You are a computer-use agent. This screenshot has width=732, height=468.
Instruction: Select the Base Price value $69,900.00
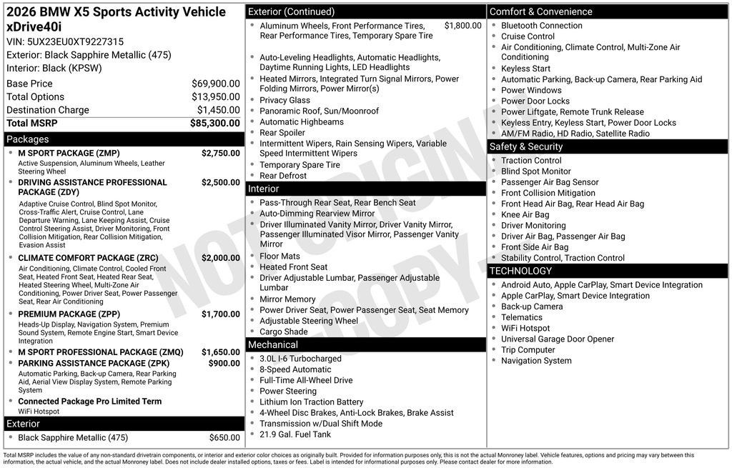pyautogui.click(x=215, y=84)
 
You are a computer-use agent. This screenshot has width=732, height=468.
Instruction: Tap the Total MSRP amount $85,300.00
pyautogui.click(x=214, y=123)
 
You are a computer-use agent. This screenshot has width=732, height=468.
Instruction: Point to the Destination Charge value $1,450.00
pyautogui.click(x=218, y=110)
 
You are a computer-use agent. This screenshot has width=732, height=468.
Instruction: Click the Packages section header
pyautogui.click(x=28, y=139)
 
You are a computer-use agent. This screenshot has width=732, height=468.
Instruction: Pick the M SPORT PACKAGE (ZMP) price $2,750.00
pyautogui.click(x=220, y=153)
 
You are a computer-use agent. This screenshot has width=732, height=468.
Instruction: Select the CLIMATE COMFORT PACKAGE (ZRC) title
pyautogui.click(x=79, y=258)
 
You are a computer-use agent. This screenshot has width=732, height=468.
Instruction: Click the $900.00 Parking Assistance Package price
pyautogui.click(x=224, y=363)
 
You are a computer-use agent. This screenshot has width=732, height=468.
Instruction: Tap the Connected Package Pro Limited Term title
pyautogui.click(x=89, y=401)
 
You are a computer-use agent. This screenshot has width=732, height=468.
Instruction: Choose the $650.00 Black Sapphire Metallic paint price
pyautogui.click(x=224, y=437)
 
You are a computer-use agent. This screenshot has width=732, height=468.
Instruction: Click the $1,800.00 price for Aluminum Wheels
pyautogui.click(x=463, y=26)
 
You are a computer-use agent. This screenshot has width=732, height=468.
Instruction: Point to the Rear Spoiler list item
pyautogui.click(x=282, y=133)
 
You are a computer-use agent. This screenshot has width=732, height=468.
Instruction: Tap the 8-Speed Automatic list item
pyautogui.click(x=295, y=369)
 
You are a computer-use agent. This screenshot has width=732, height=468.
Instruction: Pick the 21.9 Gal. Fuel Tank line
pyautogui.click(x=295, y=434)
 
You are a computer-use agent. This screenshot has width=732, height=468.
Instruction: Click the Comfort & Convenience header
pyautogui.click(x=540, y=11)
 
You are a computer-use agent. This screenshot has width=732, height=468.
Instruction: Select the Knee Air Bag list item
pyautogui.click(x=525, y=214)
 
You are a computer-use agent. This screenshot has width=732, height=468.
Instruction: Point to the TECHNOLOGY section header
pyautogui.click(x=520, y=271)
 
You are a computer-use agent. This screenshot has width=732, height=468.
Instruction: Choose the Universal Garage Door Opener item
pyautogui.click(x=557, y=339)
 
